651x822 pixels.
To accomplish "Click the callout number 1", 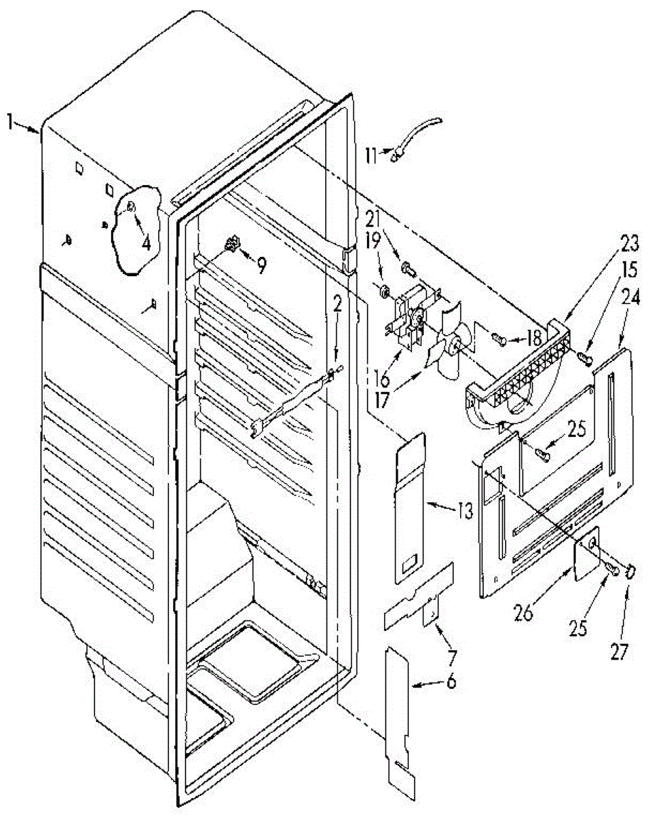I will coord(10,123).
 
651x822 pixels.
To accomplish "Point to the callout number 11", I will coord(370,155).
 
